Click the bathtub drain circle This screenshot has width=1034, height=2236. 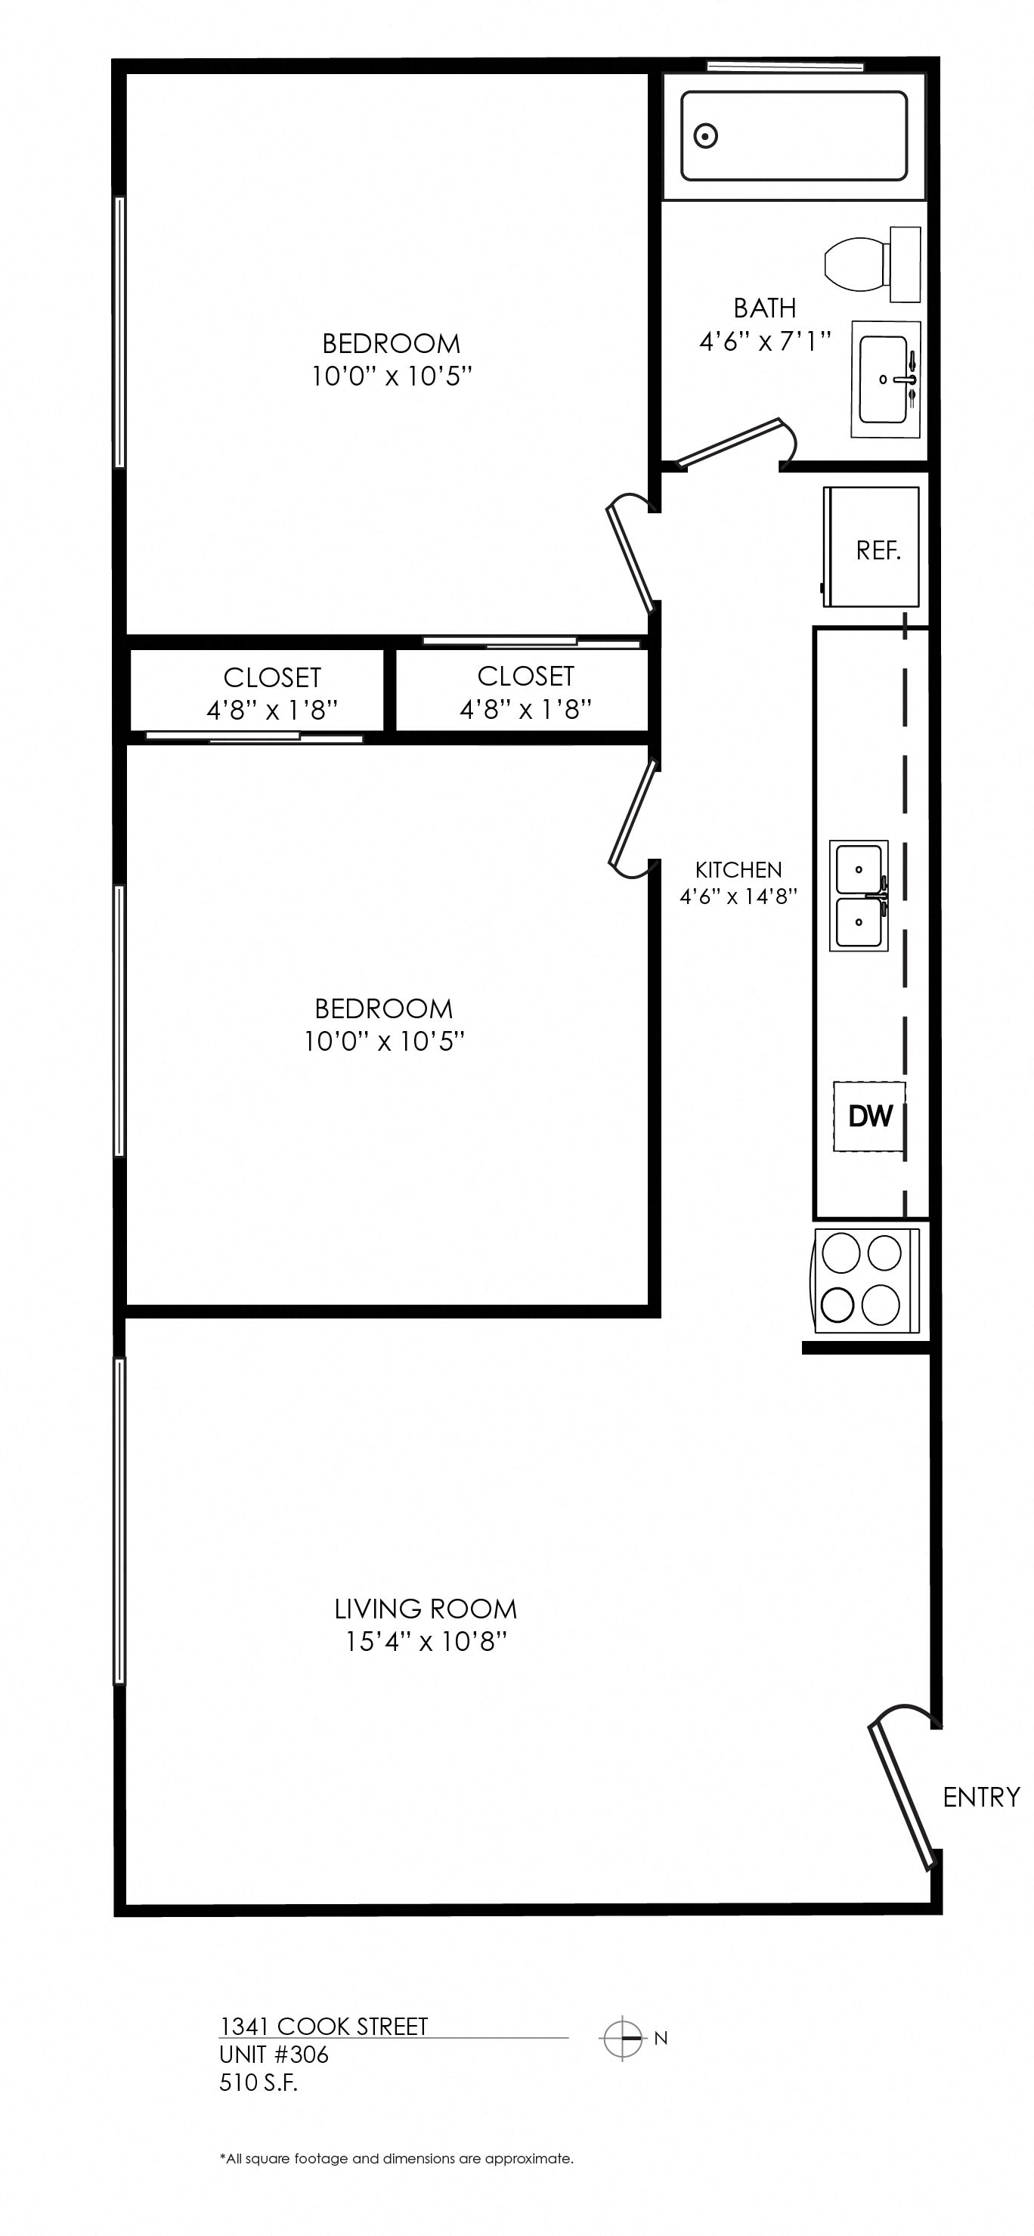[x=706, y=136]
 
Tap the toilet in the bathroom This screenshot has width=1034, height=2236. [x=871, y=265]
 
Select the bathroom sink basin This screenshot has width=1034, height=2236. [x=884, y=379]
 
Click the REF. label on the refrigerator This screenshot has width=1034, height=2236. [x=878, y=550]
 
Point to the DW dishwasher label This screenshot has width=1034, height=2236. [x=870, y=1116]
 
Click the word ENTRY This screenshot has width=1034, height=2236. [x=981, y=1797]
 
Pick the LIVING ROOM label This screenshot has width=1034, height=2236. [x=426, y=1609]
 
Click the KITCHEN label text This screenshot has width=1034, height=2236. [x=738, y=870]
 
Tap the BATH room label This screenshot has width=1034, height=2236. [x=765, y=308]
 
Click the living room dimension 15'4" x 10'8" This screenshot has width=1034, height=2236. [x=426, y=1643]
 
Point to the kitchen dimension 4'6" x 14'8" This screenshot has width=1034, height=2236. [x=738, y=897]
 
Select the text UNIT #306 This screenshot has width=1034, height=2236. [x=274, y=2055]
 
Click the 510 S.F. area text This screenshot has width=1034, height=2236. [x=258, y=2083]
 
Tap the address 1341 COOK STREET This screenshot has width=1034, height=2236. [x=324, y=2027]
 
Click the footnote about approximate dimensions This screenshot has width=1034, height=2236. [x=397, y=2159]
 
